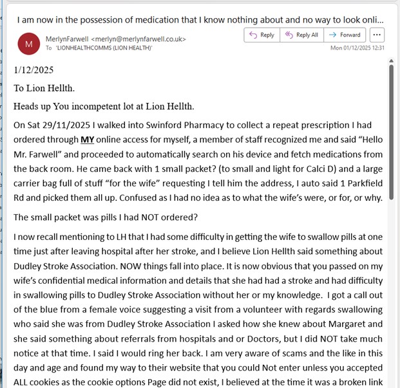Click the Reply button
pyautogui.click(x=262, y=35)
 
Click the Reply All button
pyautogui.click(x=301, y=35)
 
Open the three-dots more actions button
pyautogui.click(x=377, y=35)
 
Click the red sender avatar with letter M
pyautogui.click(x=28, y=44)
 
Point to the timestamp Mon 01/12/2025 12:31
pyautogui.click(x=357, y=48)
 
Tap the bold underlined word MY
pyautogui.click(x=88, y=140)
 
